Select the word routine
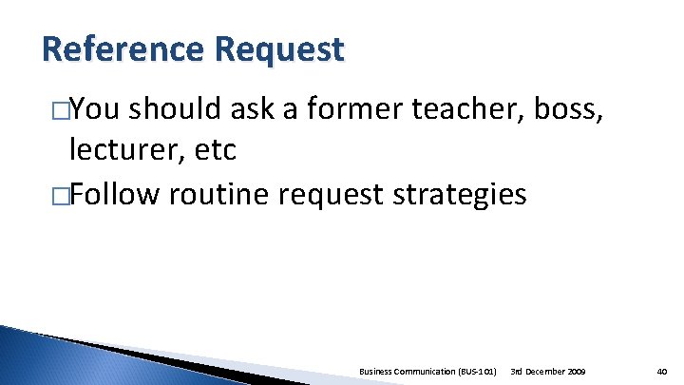(222, 194)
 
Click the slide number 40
(661, 369)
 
